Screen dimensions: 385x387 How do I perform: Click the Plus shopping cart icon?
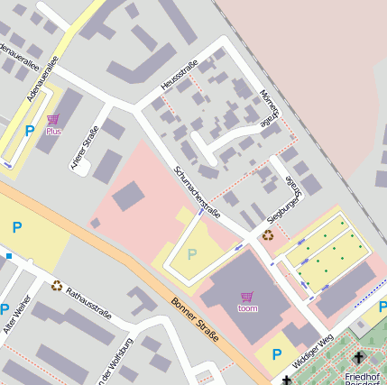point(53,119)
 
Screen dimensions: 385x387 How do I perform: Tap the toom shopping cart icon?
point(247,297)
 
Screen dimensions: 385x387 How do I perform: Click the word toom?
point(247,308)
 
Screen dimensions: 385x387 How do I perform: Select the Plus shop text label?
point(54,132)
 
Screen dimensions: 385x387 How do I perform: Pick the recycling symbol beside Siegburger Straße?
point(267,236)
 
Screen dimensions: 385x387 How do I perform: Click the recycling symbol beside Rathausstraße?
point(57,286)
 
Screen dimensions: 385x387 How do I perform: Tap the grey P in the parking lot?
point(191,254)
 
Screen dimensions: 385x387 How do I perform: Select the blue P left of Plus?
point(30,131)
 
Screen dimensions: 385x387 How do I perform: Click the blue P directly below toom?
point(277,354)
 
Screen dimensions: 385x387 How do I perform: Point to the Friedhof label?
point(362,375)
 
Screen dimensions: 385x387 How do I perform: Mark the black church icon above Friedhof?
point(358,358)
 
